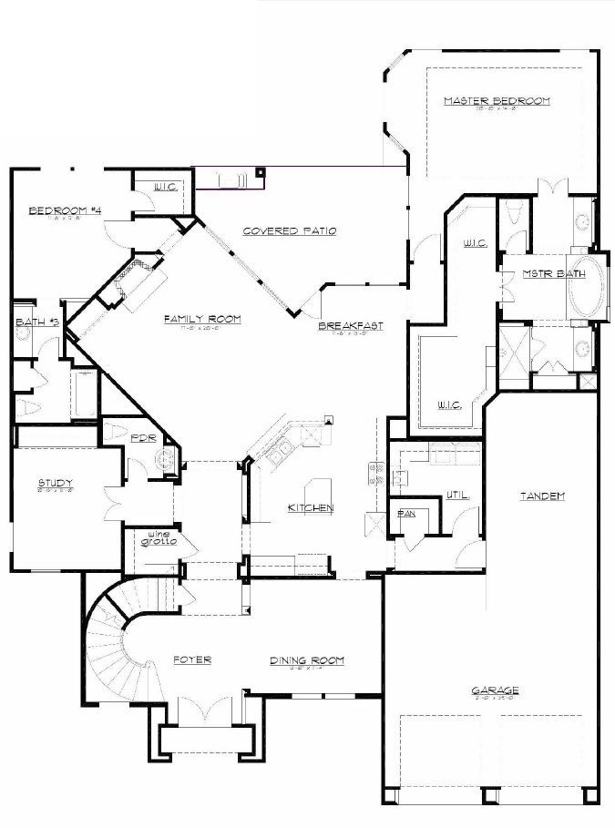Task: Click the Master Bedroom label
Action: click(497, 101)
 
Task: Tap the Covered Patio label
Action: click(290, 231)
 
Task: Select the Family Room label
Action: click(202, 318)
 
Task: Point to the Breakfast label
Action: click(350, 325)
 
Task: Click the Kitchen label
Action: click(311, 507)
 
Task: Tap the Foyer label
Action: click(192, 660)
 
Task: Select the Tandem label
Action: click(543, 496)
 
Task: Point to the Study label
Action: click(56, 483)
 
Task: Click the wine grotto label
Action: click(158, 538)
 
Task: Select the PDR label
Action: click(143, 438)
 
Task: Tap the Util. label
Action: click(457, 496)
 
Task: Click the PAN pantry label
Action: click(406, 515)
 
